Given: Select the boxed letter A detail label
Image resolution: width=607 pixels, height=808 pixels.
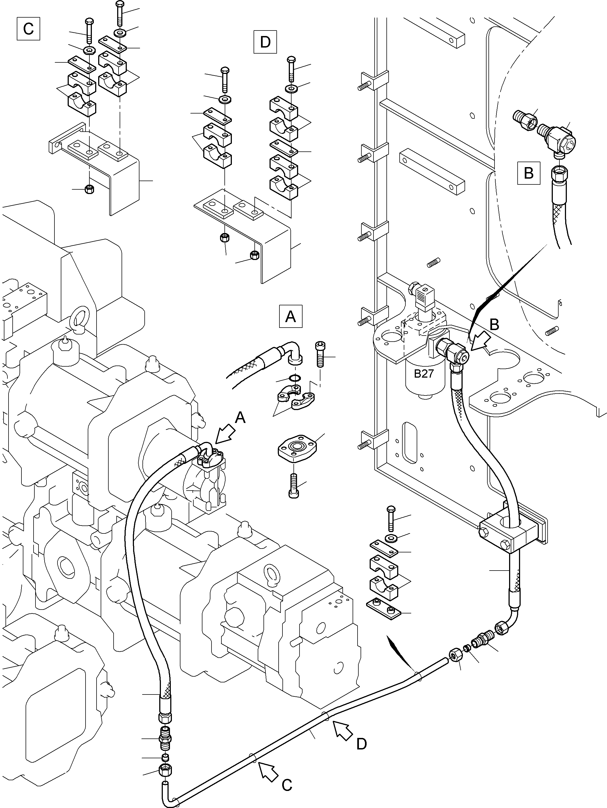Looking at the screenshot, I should click(290, 316).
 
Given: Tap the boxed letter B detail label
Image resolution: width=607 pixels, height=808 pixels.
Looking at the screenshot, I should click(528, 173).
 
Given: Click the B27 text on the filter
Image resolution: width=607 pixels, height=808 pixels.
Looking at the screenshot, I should click(424, 374).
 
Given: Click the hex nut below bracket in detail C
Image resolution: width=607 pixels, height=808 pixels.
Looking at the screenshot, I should click(89, 189).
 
